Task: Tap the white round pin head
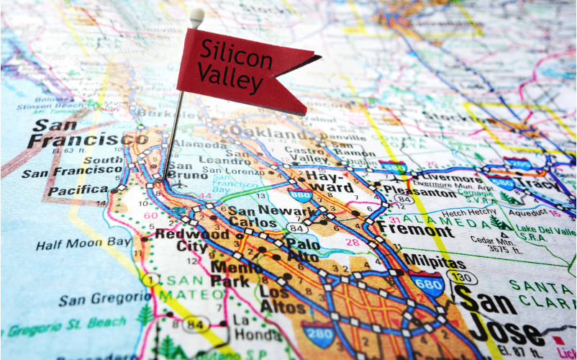point(196,15)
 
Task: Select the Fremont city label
point(416,230)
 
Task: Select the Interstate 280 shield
point(317,333)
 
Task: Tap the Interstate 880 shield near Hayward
point(299,195)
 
